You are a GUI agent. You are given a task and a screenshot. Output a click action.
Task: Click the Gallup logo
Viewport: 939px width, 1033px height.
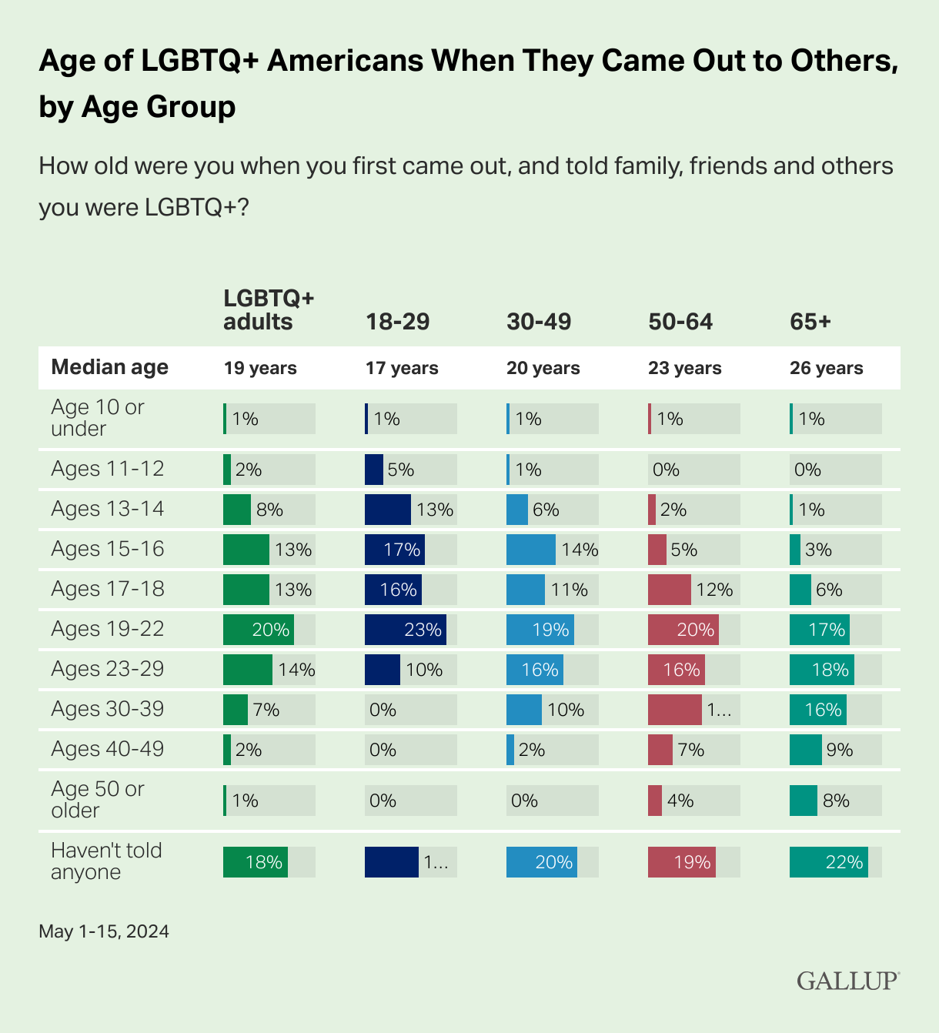coord(847,981)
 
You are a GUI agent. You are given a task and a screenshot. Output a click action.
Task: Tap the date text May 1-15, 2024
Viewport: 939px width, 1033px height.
coord(104,931)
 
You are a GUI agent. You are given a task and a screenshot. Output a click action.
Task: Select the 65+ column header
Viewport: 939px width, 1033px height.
coord(810,321)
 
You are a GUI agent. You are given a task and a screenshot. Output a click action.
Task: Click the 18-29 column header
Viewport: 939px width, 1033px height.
coord(397,321)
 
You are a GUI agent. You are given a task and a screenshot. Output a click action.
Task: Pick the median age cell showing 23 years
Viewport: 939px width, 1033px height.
coord(684,368)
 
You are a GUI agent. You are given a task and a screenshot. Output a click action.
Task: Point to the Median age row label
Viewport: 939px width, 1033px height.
coord(109,367)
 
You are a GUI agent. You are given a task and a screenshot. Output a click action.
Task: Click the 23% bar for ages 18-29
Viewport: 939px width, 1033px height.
coord(405,630)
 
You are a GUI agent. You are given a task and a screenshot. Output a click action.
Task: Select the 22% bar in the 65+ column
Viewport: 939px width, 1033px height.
coord(828,862)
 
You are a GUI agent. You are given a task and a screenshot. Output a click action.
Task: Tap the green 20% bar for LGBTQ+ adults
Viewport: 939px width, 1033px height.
coord(258,630)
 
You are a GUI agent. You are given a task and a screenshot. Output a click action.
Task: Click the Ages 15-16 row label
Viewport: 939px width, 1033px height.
coord(108,549)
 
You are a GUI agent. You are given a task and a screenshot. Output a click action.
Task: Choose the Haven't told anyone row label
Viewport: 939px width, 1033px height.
coord(106,861)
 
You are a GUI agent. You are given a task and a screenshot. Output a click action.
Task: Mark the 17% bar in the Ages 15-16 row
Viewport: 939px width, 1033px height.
coord(394,550)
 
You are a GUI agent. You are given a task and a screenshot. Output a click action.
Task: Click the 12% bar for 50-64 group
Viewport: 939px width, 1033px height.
coord(669,590)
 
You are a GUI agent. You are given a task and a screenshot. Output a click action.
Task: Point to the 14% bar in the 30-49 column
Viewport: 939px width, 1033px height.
coord(530,550)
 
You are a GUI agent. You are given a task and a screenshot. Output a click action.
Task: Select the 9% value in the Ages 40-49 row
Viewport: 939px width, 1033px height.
coord(839,750)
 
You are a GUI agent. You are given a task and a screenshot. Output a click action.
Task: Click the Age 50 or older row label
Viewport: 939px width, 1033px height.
coord(98,800)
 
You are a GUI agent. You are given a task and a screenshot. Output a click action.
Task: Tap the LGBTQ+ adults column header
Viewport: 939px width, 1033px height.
coord(259,310)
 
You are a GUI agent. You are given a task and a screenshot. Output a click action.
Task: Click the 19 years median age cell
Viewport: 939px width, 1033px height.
coord(260,368)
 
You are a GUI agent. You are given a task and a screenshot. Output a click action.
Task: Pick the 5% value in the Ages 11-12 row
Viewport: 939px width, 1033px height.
coord(400,470)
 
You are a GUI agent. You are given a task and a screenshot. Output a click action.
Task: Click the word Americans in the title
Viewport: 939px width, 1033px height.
coord(345,60)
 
